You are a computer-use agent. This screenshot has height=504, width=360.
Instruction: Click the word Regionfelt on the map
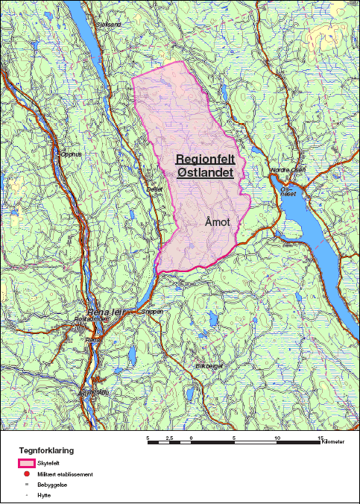tap(204, 160)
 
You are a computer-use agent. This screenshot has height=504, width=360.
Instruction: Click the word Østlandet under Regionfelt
tap(206, 173)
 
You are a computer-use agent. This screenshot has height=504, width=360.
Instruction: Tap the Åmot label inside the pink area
tap(218, 221)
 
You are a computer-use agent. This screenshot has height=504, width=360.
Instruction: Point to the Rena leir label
tap(104, 312)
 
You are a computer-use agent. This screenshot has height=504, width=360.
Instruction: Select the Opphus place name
tap(70, 154)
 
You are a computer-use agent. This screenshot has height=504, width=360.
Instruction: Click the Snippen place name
tap(152, 311)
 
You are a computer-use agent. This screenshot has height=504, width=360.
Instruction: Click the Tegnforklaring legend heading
tap(46, 450)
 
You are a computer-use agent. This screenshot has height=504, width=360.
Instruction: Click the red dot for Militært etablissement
tap(26, 474)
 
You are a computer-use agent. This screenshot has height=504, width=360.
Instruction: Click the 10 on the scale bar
tap(277, 438)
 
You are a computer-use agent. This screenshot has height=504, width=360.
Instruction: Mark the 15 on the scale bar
tap(321, 438)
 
